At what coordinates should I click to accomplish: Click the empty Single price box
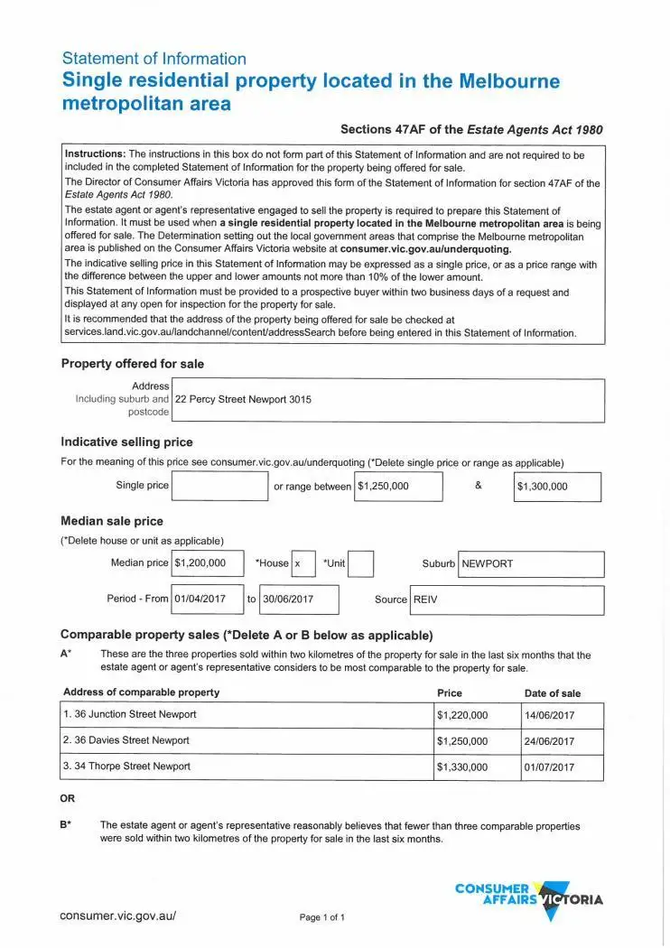(219, 486)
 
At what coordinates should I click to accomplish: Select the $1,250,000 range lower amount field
(397, 486)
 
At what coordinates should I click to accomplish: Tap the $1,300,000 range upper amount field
(556, 487)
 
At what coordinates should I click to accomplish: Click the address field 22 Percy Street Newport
(386, 400)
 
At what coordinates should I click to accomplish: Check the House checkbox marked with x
(303, 563)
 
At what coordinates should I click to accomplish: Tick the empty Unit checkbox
(360, 563)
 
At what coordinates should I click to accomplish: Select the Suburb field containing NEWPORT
(531, 564)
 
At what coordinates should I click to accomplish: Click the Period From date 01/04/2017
(207, 599)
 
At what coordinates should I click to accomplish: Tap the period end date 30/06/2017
(299, 599)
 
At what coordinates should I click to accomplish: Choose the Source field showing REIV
(507, 599)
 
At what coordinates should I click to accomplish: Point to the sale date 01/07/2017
(561, 767)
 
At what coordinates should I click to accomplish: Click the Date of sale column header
(553, 693)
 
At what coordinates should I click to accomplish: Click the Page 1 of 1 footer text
(322, 918)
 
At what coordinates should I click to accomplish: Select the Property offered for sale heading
(133, 364)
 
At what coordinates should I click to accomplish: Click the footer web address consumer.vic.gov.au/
(118, 915)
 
